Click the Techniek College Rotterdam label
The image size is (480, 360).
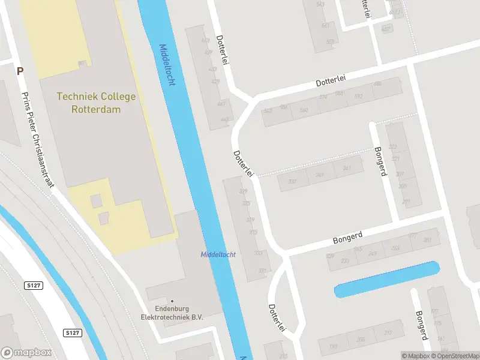pos(96,103)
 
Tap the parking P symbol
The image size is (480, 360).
pos(20,71)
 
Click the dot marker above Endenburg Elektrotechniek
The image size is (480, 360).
pos(172,301)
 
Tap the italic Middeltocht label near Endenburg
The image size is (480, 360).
pos(218,254)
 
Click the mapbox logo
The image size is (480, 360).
pos(26,353)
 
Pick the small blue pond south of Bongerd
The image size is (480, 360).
pos(386,280)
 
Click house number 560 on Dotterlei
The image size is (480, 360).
pos(304,110)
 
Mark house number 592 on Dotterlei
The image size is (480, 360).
pos(358,96)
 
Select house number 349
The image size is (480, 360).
pos(320,175)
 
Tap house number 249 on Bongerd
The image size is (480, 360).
pos(373,253)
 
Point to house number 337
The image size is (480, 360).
pos(293,181)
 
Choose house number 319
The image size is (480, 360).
pos(250,220)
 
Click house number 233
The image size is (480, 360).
pos(345,260)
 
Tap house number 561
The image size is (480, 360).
pos(325,26)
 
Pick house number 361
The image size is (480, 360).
pos(347,169)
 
